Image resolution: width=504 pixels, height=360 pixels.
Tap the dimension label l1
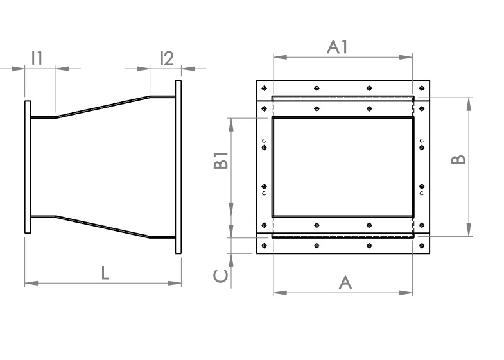37,58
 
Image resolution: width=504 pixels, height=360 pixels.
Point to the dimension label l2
166,58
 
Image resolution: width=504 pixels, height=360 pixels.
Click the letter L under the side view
105,272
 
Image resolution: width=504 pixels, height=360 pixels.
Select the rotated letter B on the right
458,159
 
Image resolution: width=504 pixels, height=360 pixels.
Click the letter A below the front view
345,282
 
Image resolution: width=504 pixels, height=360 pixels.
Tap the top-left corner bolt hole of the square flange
265,88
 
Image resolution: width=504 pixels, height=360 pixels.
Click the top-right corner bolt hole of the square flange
421,88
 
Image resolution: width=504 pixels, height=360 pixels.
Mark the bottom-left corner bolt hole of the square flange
265,246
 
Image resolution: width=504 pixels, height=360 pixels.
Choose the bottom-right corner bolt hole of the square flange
421,246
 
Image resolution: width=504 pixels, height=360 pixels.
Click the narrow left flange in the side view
28,166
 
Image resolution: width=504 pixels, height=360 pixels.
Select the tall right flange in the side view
178,167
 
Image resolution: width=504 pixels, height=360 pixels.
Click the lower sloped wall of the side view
103,226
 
